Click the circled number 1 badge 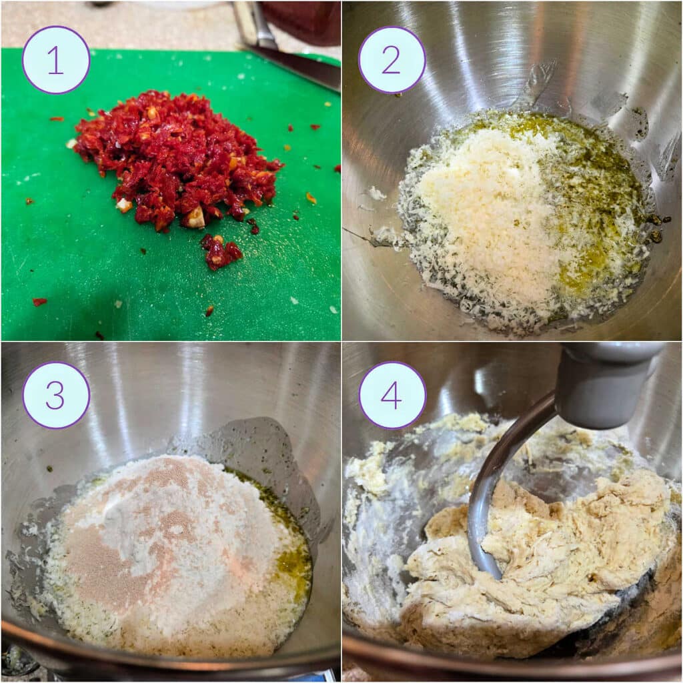coord(56,60)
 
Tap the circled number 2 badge coord(392,60)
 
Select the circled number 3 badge coord(56,396)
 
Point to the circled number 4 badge coord(392,396)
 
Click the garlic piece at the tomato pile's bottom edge coord(195,217)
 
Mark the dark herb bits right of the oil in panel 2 coord(657,227)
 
